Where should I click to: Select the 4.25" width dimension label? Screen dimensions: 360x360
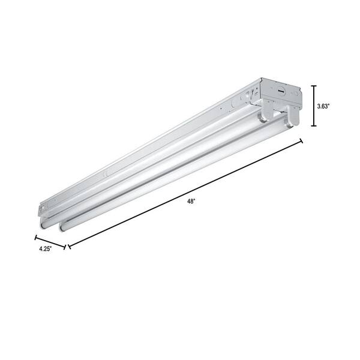41,248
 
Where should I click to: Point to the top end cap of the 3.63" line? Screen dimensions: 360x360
313,86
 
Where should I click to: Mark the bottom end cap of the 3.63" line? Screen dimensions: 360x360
313,126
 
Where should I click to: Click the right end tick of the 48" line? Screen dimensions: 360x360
301,142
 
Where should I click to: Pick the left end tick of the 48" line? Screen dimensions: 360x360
68,246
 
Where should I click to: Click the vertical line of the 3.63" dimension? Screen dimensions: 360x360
313,106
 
